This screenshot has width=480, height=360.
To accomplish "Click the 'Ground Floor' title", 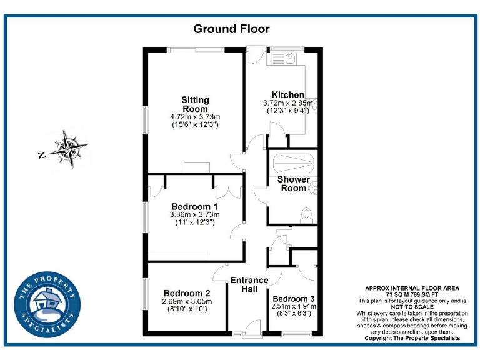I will (231, 29).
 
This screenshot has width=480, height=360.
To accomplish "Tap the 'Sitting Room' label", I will (195, 104).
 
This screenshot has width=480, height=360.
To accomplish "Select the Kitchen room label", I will (287, 95).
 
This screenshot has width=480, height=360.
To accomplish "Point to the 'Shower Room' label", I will (293, 184).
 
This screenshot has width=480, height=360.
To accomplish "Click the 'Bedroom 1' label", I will (194, 207).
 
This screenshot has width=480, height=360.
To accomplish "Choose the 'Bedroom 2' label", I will (186, 293).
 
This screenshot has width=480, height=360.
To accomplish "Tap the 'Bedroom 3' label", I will (294, 298).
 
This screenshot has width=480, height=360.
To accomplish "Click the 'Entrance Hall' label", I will (249, 284).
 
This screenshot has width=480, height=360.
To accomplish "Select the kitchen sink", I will (289, 59).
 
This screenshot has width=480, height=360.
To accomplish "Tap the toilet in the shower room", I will (306, 214).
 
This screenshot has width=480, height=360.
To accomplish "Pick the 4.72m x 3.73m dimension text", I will (195, 117).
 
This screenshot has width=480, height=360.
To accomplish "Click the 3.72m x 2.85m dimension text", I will (288, 103).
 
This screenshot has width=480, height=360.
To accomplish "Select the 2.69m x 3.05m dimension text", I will (186, 301).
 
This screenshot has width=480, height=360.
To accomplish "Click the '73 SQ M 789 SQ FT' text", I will (412, 294).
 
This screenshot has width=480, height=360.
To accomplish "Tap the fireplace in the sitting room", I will (197, 167).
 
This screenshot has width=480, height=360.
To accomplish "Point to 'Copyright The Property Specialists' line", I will (412, 338).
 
